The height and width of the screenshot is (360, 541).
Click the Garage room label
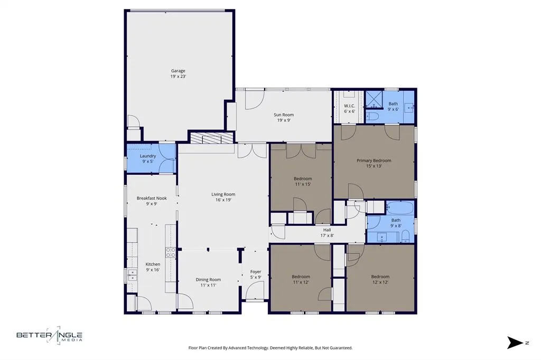coord(178,71)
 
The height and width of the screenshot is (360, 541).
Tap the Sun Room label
coord(283,115)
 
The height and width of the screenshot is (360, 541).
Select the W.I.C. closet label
coord(349,106)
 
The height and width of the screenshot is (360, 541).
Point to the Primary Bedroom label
coord(374,160)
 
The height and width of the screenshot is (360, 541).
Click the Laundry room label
coord(147,156)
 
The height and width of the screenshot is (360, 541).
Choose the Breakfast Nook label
coord(152,198)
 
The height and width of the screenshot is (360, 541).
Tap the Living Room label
coord(223,194)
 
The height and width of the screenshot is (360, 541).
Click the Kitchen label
coord(153,264)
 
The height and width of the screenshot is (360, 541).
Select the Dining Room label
coord(208,279)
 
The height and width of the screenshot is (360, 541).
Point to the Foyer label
coord(256,272)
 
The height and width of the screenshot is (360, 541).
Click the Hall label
coord(328,230)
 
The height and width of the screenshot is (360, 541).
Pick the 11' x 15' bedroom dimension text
coord(303,184)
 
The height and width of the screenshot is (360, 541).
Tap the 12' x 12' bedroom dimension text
coord(380,282)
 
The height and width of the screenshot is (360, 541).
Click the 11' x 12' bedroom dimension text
coord(301,282)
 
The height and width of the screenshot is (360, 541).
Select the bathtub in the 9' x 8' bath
coord(401,207)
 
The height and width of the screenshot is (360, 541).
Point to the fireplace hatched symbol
coord(211,138)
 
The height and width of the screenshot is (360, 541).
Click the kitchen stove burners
coord(171,253)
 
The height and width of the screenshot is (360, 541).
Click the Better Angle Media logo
coord(49,336)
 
